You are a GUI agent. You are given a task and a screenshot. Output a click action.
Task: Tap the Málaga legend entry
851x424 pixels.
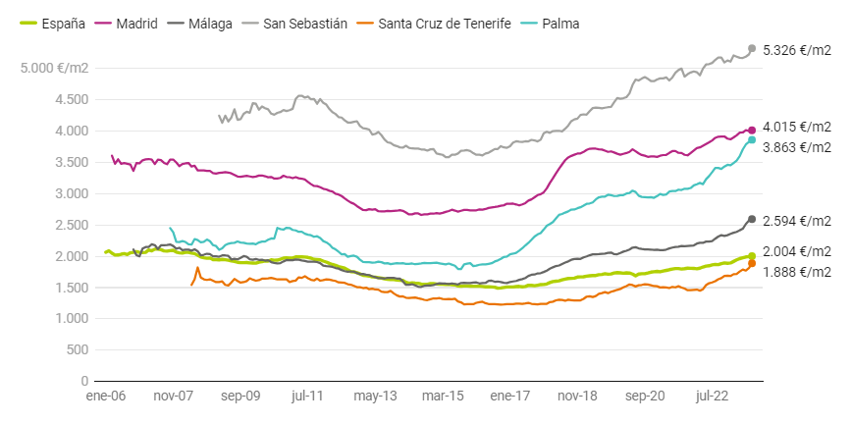202,23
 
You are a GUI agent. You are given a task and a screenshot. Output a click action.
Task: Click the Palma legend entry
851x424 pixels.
552,23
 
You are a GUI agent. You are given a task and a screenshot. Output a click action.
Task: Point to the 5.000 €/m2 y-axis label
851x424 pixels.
57,68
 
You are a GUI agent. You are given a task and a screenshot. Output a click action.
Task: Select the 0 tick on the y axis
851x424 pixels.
85,381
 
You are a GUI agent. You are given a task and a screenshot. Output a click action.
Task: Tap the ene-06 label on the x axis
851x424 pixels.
105,397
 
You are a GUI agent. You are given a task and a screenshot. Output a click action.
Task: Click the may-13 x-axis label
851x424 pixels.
375,397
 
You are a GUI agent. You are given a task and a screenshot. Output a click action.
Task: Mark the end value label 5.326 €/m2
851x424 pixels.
796,49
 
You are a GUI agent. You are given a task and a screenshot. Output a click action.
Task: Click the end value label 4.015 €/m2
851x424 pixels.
796,128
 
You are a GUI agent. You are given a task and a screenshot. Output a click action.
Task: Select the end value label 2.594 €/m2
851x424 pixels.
796,220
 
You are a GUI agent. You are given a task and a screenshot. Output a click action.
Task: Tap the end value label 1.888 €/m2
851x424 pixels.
796,272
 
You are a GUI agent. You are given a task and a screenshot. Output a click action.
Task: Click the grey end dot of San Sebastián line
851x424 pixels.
752,48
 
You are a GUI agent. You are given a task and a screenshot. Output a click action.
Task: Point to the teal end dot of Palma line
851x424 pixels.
752,139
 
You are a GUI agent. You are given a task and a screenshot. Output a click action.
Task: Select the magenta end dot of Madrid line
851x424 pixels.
752,130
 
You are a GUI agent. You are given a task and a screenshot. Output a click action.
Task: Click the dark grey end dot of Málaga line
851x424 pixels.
752,219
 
